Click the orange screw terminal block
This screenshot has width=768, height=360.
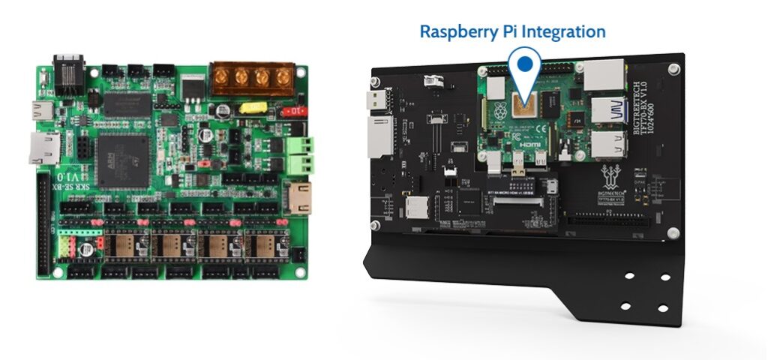coord(251,77)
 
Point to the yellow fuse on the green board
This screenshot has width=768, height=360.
coord(253,107)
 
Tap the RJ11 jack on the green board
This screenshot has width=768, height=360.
coord(68,73)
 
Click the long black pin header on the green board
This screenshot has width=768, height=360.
coord(43,225)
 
